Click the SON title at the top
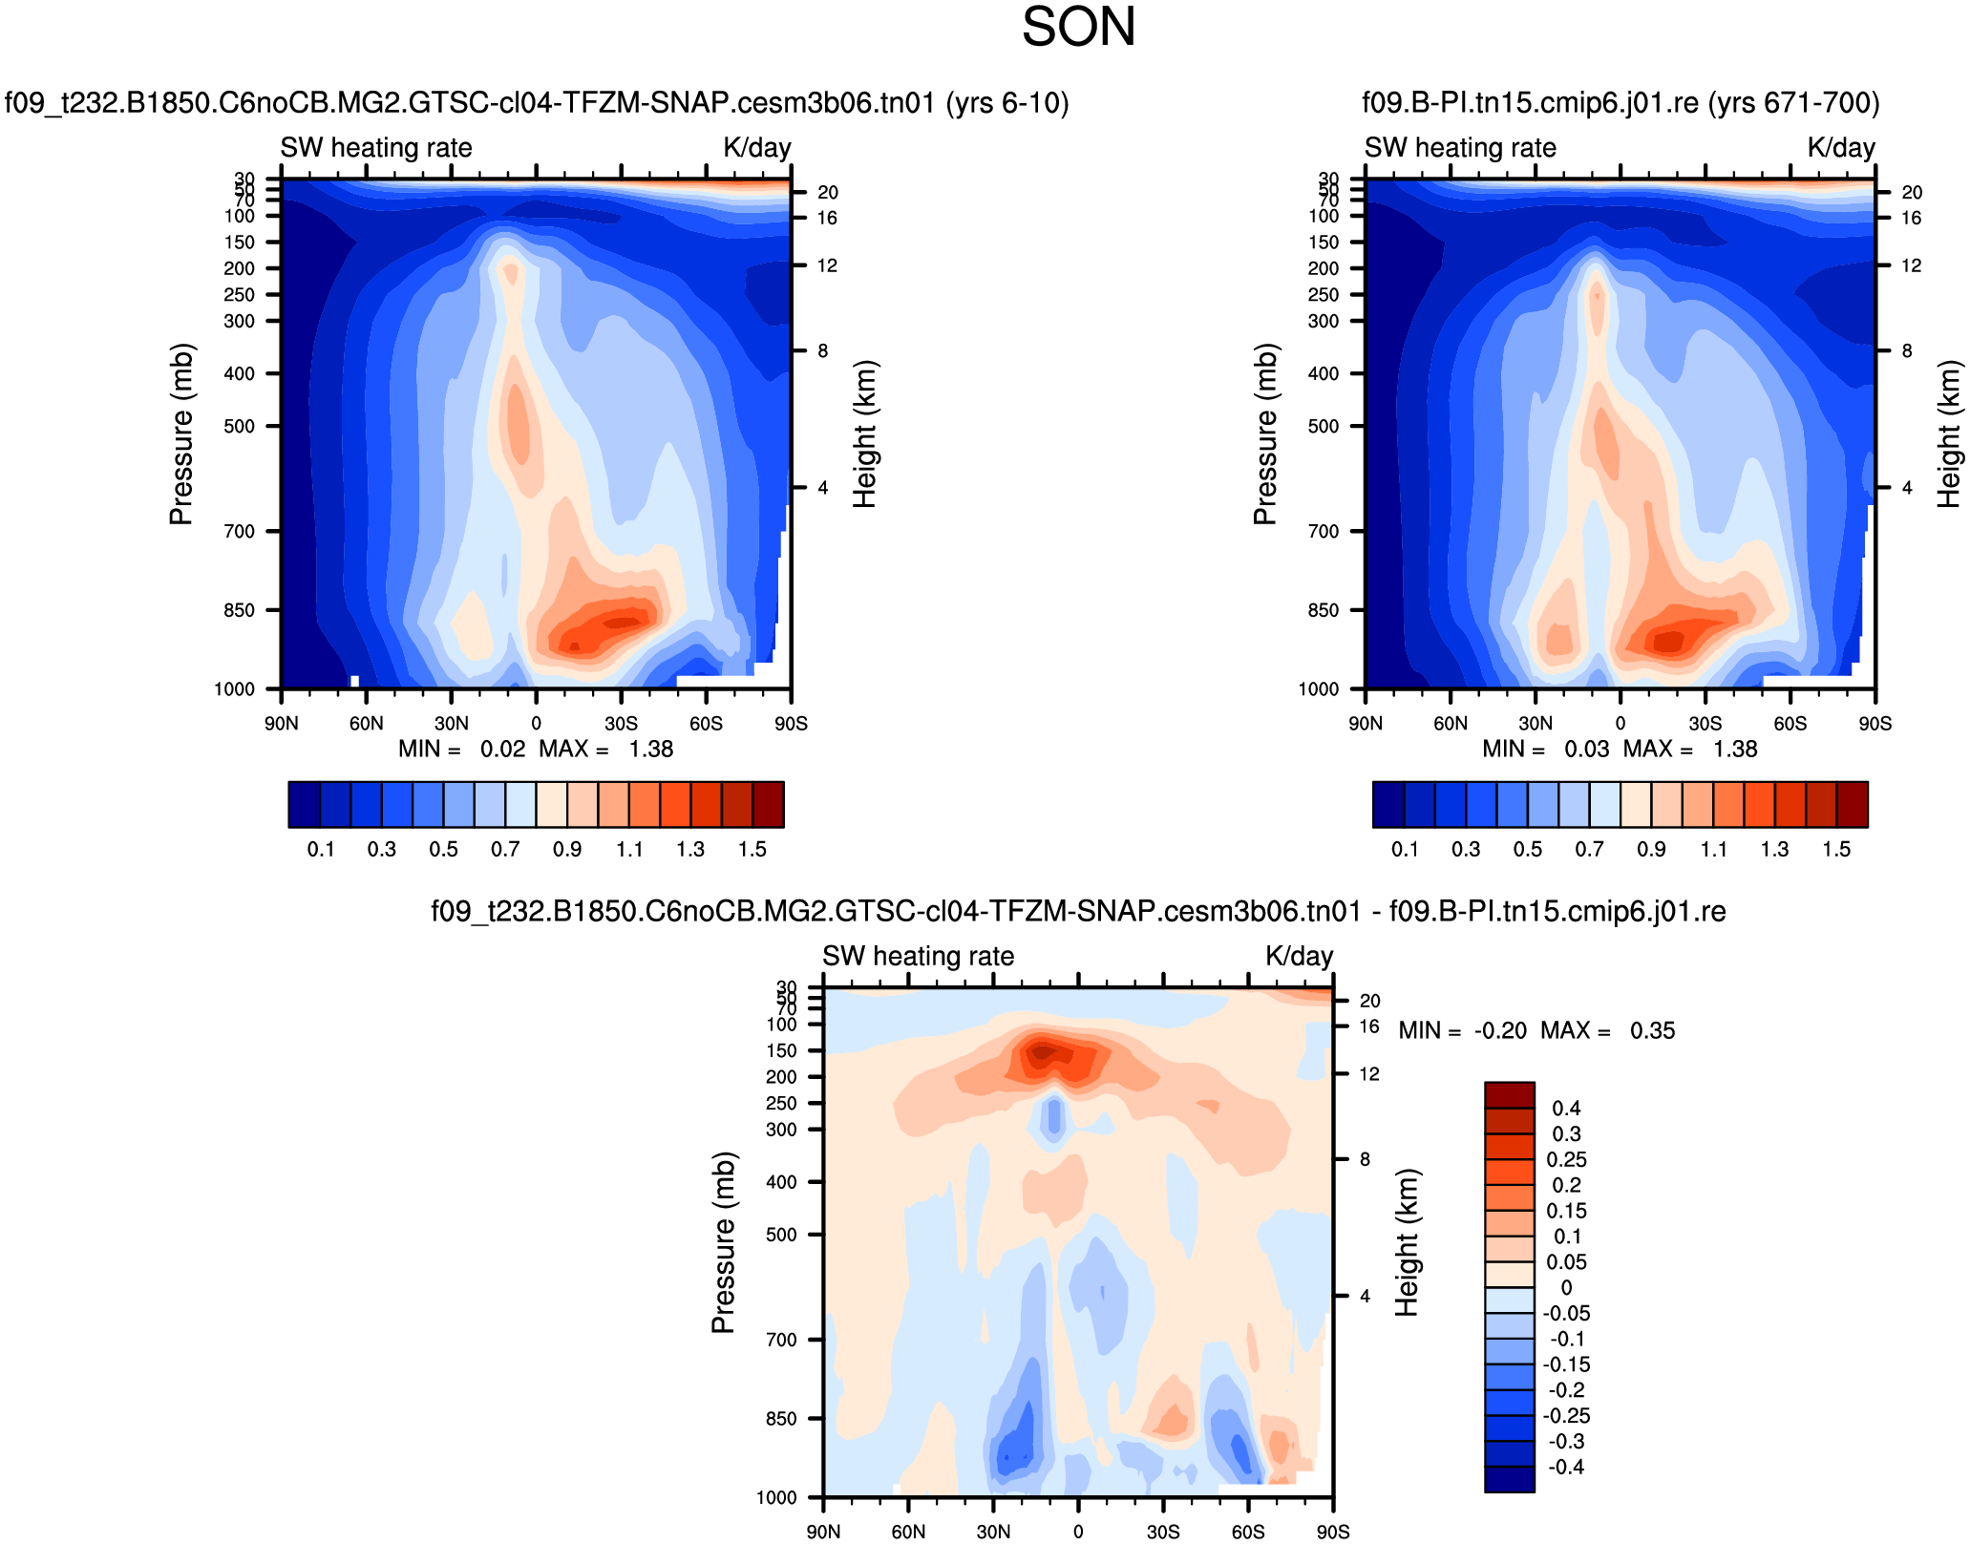[x=1078, y=27]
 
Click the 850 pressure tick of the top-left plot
[x=240, y=610]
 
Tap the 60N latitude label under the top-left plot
[x=366, y=723]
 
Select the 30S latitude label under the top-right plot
[x=1705, y=723]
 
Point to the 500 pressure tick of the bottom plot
[x=781, y=1235]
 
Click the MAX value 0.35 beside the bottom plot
[x=1652, y=1030]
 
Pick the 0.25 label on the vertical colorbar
[x=1566, y=1159]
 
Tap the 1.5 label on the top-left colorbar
[x=752, y=849]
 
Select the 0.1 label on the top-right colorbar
[x=1405, y=849]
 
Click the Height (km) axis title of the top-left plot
[x=864, y=434]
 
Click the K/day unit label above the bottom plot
[x=1299, y=956]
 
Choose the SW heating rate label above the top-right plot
[x=1460, y=147]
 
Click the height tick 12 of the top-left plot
[x=827, y=265]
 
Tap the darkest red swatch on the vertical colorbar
[x=1510, y=1094]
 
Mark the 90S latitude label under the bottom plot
[x=1333, y=1532]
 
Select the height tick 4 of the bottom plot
[x=1365, y=1296]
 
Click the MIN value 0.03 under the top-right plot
[x=1586, y=749]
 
